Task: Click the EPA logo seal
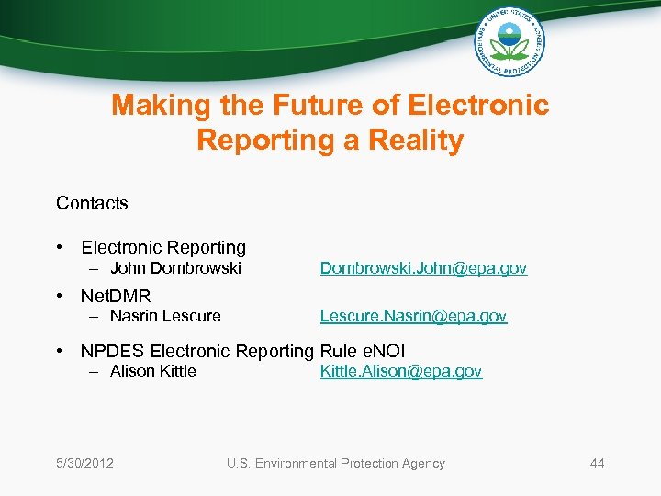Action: tap(509, 42)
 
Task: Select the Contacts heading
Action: tap(92, 203)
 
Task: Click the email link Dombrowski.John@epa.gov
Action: tap(423, 268)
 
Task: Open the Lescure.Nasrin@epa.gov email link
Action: tap(413, 316)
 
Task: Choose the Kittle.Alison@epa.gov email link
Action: tap(400, 371)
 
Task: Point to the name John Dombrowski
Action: tap(175, 268)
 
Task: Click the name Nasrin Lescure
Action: tap(165, 316)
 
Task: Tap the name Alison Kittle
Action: tap(152, 371)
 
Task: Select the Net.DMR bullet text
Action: tap(116, 296)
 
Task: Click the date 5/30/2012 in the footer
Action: tap(84, 463)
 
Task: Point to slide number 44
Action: tap(597, 463)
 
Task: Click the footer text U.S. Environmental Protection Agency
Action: tap(335, 463)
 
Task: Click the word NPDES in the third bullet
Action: tap(112, 351)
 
